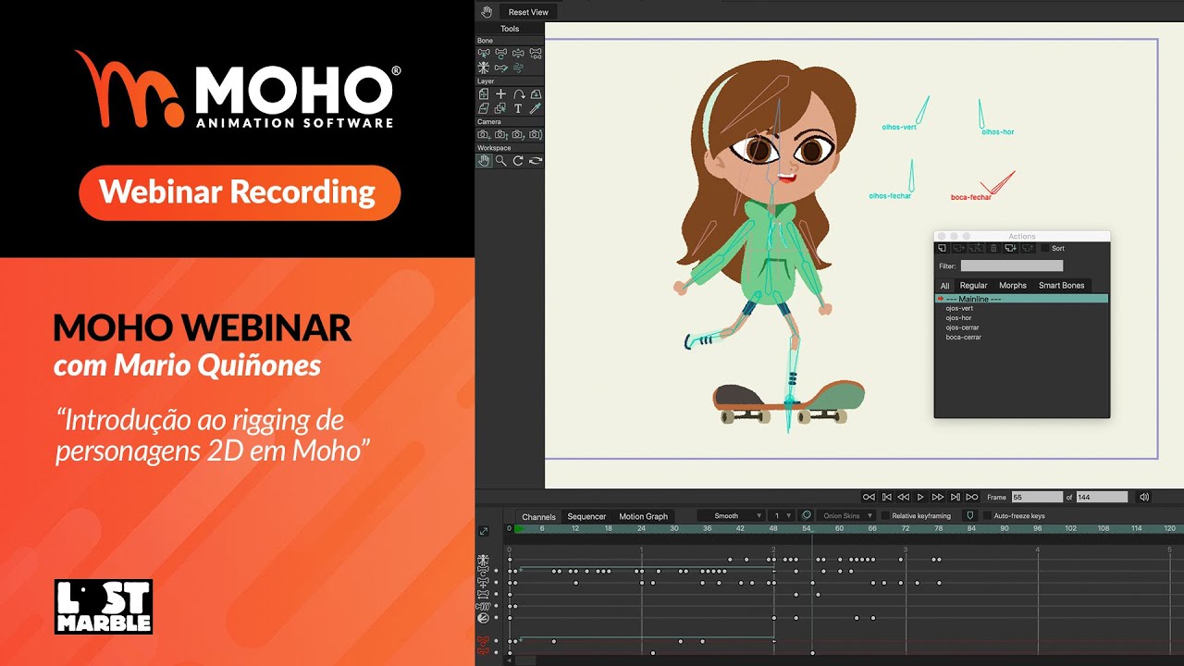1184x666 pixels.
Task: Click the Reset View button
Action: (x=528, y=12)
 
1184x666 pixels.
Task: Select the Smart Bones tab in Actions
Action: (x=1061, y=286)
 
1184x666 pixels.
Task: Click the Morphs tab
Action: (x=1013, y=286)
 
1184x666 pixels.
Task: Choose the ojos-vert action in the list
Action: (x=959, y=309)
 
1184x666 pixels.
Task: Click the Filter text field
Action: (x=1011, y=266)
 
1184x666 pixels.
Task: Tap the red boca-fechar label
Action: (x=970, y=197)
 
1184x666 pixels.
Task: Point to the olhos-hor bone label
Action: (x=997, y=132)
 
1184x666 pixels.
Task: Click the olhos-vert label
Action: (x=899, y=128)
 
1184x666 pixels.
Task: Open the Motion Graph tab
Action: (x=643, y=517)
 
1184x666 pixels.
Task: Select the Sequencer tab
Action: (x=586, y=517)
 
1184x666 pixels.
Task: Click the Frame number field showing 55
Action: (x=1036, y=498)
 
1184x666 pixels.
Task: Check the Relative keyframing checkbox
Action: (x=885, y=516)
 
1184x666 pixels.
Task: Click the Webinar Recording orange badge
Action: (x=239, y=192)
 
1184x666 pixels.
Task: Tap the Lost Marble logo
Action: (x=103, y=607)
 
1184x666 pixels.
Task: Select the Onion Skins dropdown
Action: (x=845, y=516)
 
